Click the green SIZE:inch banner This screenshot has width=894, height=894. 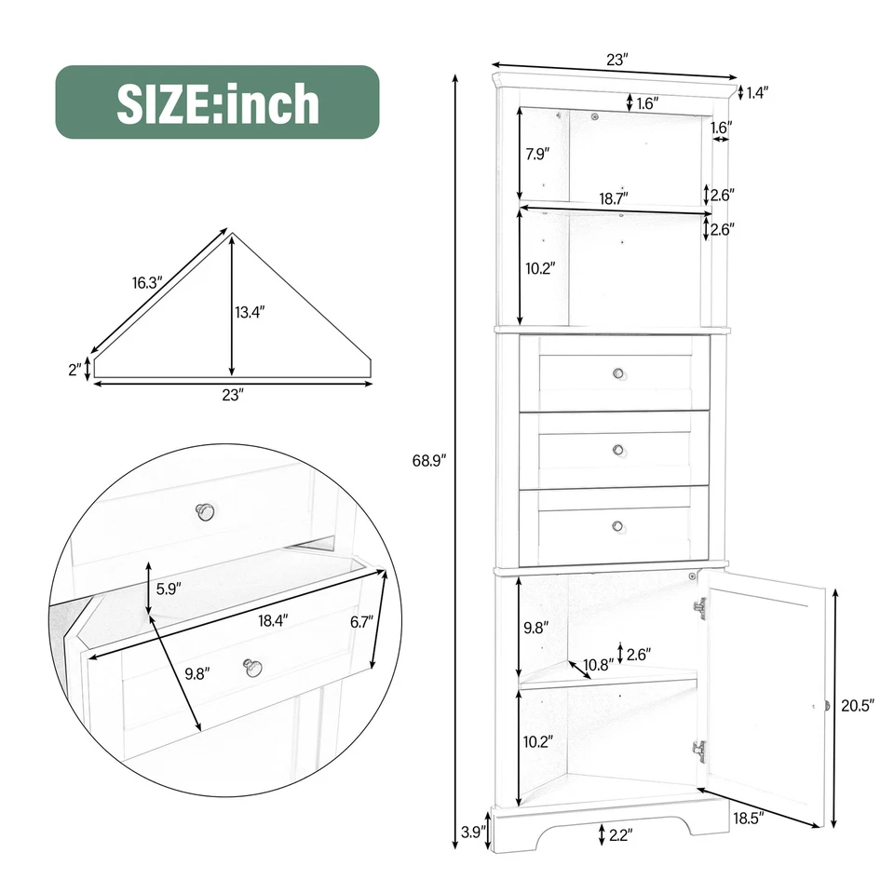coord(217,102)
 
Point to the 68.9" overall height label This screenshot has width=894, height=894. coord(431,460)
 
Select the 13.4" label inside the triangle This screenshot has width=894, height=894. coord(251,312)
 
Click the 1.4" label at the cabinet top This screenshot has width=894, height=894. coord(757,91)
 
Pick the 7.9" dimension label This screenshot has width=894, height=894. coord(538,155)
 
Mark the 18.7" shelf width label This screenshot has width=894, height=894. coord(613,197)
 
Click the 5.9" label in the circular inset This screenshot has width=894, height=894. coord(168,588)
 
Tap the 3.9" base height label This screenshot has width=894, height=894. coord(472,833)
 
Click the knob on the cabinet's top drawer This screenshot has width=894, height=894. coord(616,373)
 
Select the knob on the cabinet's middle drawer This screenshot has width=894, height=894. coord(616,450)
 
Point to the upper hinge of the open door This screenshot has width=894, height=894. coord(699,608)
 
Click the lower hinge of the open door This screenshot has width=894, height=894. coord(699,751)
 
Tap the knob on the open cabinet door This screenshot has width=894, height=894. coord(825,706)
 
